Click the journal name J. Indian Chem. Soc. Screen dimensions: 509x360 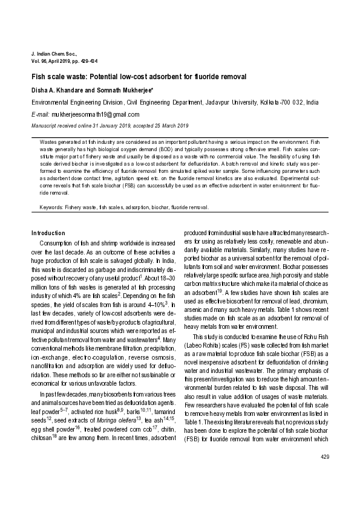tap(53, 54)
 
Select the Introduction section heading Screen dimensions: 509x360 tap(48, 233)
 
